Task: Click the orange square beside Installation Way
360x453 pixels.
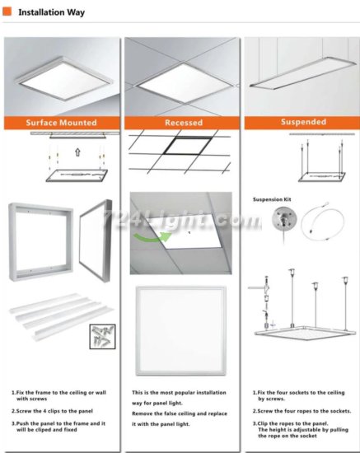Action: (x=7, y=12)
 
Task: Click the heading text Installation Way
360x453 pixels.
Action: (x=52, y=12)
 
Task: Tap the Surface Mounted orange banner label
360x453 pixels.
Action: (x=62, y=123)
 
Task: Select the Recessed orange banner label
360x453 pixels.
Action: (x=184, y=123)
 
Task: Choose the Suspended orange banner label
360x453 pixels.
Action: (x=303, y=122)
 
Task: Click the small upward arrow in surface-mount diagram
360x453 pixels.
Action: (x=77, y=152)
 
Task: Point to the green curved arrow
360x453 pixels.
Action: (x=152, y=237)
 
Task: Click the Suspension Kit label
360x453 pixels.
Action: (x=272, y=199)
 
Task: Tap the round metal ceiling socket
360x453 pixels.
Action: (x=284, y=219)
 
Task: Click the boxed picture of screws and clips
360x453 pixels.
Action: (x=102, y=336)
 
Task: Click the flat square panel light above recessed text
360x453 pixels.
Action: (x=181, y=331)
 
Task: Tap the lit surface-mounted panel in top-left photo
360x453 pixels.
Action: (x=68, y=78)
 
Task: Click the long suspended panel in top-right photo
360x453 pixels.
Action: (x=304, y=72)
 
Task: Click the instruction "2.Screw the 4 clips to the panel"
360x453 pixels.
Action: (x=52, y=411)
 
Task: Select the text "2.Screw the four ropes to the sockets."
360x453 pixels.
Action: (x=302, y=411)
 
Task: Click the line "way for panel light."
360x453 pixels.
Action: (x=157, y=403)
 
